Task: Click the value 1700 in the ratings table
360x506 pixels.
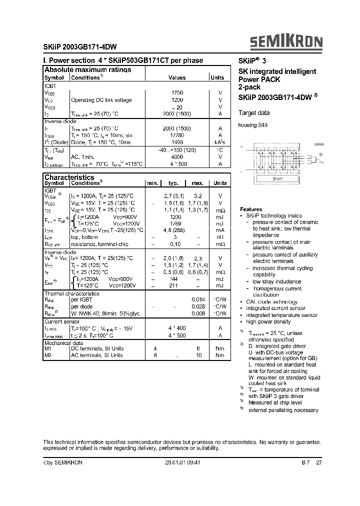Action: click(177, 93)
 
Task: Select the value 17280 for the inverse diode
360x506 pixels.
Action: click(177, 135)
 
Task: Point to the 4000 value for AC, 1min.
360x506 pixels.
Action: click(177, 156)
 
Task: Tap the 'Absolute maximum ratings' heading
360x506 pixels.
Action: click(88, 70)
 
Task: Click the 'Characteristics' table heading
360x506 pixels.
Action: click(69, 177)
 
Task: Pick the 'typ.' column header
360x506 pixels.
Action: click(173, 183)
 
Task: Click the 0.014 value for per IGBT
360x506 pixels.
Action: click(198, 299)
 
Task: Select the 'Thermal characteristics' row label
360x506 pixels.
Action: click(72, 293)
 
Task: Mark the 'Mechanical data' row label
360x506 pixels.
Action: click(64, 344)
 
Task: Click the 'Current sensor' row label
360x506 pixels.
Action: click(62, 322)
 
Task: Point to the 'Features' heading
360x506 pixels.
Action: click(251, 209)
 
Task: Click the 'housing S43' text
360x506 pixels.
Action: click(253, 125)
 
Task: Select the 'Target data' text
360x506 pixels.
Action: click(254, 113)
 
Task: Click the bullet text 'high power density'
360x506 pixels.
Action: click(270, 321)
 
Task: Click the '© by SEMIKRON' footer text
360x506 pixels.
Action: click(63, 462)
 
